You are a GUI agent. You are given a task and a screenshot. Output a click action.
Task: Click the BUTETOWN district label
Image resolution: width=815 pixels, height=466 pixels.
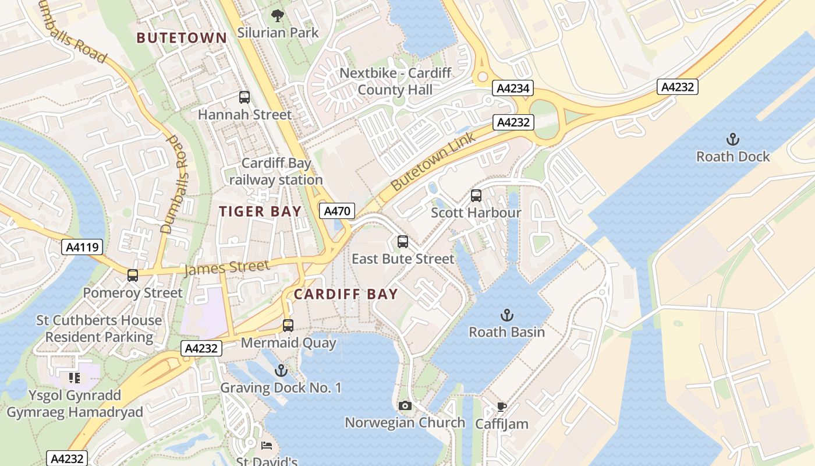(182, 38)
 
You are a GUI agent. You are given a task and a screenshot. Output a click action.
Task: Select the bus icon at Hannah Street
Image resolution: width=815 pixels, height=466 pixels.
(245, 97)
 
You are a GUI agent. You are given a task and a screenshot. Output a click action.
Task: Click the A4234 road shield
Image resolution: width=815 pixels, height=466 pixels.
(513, 88)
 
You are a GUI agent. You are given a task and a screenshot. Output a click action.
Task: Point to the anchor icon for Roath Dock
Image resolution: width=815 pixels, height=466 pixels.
(733, 139)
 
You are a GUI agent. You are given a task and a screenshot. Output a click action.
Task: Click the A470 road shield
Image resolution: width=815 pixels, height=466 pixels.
(337, 211)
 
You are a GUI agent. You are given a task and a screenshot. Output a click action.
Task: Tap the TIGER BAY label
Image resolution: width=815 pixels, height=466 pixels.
(260, 211)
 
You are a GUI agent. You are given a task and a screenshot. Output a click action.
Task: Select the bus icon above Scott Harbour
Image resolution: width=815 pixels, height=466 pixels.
(476, 196)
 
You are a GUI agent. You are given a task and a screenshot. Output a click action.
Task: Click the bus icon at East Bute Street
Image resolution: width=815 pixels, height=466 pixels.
(403, 241)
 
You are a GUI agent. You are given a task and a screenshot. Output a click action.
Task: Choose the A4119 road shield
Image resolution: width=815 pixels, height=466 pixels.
(82, 247)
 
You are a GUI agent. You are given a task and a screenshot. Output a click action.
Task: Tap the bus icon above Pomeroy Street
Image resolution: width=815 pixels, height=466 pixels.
(133, 276)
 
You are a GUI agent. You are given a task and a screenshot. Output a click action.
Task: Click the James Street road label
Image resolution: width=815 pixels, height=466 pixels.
(227, 268)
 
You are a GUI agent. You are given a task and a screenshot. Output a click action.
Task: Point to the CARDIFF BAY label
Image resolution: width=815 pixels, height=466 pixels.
(346, 294)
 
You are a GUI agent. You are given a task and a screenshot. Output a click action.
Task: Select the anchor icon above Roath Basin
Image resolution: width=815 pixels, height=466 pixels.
(507, 315)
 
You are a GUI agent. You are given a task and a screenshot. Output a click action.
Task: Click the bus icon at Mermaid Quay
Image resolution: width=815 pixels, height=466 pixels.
(288, 326)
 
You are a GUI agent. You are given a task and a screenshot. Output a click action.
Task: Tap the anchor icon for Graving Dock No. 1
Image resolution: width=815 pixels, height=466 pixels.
(281, 370)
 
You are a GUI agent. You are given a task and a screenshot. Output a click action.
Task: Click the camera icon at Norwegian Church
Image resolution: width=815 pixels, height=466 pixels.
(405, 405)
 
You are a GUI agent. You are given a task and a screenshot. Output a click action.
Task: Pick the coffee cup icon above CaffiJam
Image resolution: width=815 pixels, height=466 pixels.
(502, 407)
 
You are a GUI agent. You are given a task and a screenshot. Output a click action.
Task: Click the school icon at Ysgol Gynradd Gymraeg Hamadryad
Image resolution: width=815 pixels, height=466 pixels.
(74, 378)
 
